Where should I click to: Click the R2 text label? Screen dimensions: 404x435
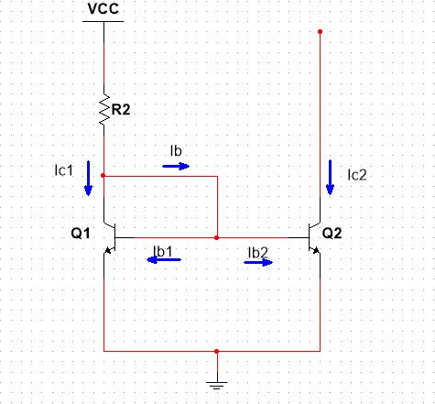point(122,109)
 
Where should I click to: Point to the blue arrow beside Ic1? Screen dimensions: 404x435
point(88,178)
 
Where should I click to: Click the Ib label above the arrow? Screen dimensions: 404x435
point(178,149)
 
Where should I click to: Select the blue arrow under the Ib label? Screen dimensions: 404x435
point(177,166)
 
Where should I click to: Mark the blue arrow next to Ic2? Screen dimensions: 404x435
point(331,177)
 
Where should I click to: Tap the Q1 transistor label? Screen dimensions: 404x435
point(81,234)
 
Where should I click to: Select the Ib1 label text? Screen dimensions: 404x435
point(164,248)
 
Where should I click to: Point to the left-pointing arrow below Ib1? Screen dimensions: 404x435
point(164,260)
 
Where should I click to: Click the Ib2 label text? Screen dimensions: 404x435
point(257,250)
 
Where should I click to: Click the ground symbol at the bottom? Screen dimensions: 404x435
point(216,384)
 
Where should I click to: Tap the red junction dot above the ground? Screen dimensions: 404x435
point(216,351)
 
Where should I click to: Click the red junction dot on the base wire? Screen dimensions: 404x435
point(216,237)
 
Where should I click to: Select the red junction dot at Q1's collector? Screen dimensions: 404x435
point(103,175)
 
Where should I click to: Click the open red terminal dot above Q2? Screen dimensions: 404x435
point(320,32)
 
